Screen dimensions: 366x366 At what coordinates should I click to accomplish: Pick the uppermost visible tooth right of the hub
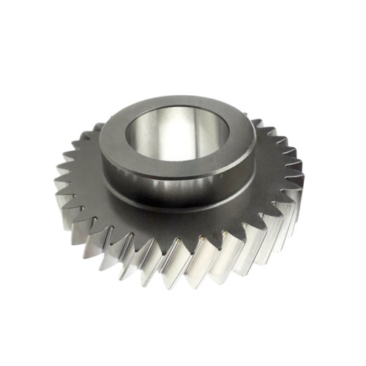click(x=256, y=121)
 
